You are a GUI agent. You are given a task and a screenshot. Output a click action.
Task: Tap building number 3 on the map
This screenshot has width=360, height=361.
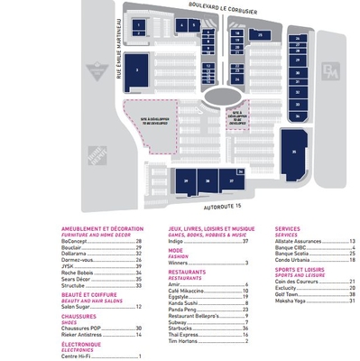coord(137,69)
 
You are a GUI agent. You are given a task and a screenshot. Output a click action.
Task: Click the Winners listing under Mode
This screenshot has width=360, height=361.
coord(178,262)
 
